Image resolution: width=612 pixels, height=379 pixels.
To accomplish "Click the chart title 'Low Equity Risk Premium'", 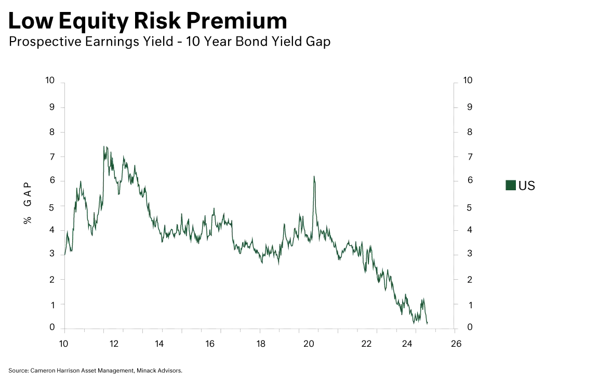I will click(x=148, y=21).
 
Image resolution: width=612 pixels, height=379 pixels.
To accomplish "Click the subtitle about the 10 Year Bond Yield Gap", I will click(x=169, y=42).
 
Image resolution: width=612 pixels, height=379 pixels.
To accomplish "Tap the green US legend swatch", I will click(x=510, y=185).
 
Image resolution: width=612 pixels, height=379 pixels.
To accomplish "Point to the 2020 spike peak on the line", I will click(x=314, y=176).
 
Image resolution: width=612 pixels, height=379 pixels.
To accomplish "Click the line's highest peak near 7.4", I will click(x=104, y=147).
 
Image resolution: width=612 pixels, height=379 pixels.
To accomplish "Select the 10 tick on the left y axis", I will click(x=50, y=80).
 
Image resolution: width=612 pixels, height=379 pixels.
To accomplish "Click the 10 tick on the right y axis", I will click(x=467, y=80).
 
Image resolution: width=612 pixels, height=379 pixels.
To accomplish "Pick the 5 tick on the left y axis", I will click(x=51, y=207).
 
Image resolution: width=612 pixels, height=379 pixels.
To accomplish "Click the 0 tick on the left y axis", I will click(x=51, y=327).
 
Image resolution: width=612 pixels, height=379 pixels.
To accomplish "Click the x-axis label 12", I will click(x=114, y=343).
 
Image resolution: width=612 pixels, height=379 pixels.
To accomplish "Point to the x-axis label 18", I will click(x=261, y=343).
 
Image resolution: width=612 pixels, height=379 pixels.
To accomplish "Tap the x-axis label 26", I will click(x=456, y=343).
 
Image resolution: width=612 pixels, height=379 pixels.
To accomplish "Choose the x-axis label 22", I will click(x=367, y=343).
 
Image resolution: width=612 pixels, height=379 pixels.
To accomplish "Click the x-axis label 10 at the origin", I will click(x=63, y=343).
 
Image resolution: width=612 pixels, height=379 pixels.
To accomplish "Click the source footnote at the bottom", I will click(x=96, y=370).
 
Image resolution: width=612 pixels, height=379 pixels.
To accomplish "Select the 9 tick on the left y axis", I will click(x=51, y=106).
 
